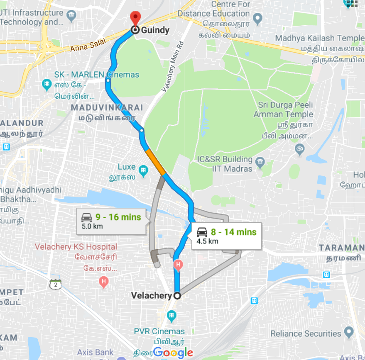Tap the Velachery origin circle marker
[x=177, y=296]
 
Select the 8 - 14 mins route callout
[x=226, y=236]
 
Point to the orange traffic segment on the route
[x=156, y=163]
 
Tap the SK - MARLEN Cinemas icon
[x=47, y=85]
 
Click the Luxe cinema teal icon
[x=144, y=170]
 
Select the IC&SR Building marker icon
[x=260, y=162]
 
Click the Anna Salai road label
[x=88, y=45]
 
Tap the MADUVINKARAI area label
[x=107, y=108]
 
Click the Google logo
[x=173, y=353]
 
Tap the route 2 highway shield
[x=55, y=285]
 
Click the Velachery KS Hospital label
[x=76, y=247]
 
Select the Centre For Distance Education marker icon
[x=257, y=19]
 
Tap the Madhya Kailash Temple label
[x=319, y=39]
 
